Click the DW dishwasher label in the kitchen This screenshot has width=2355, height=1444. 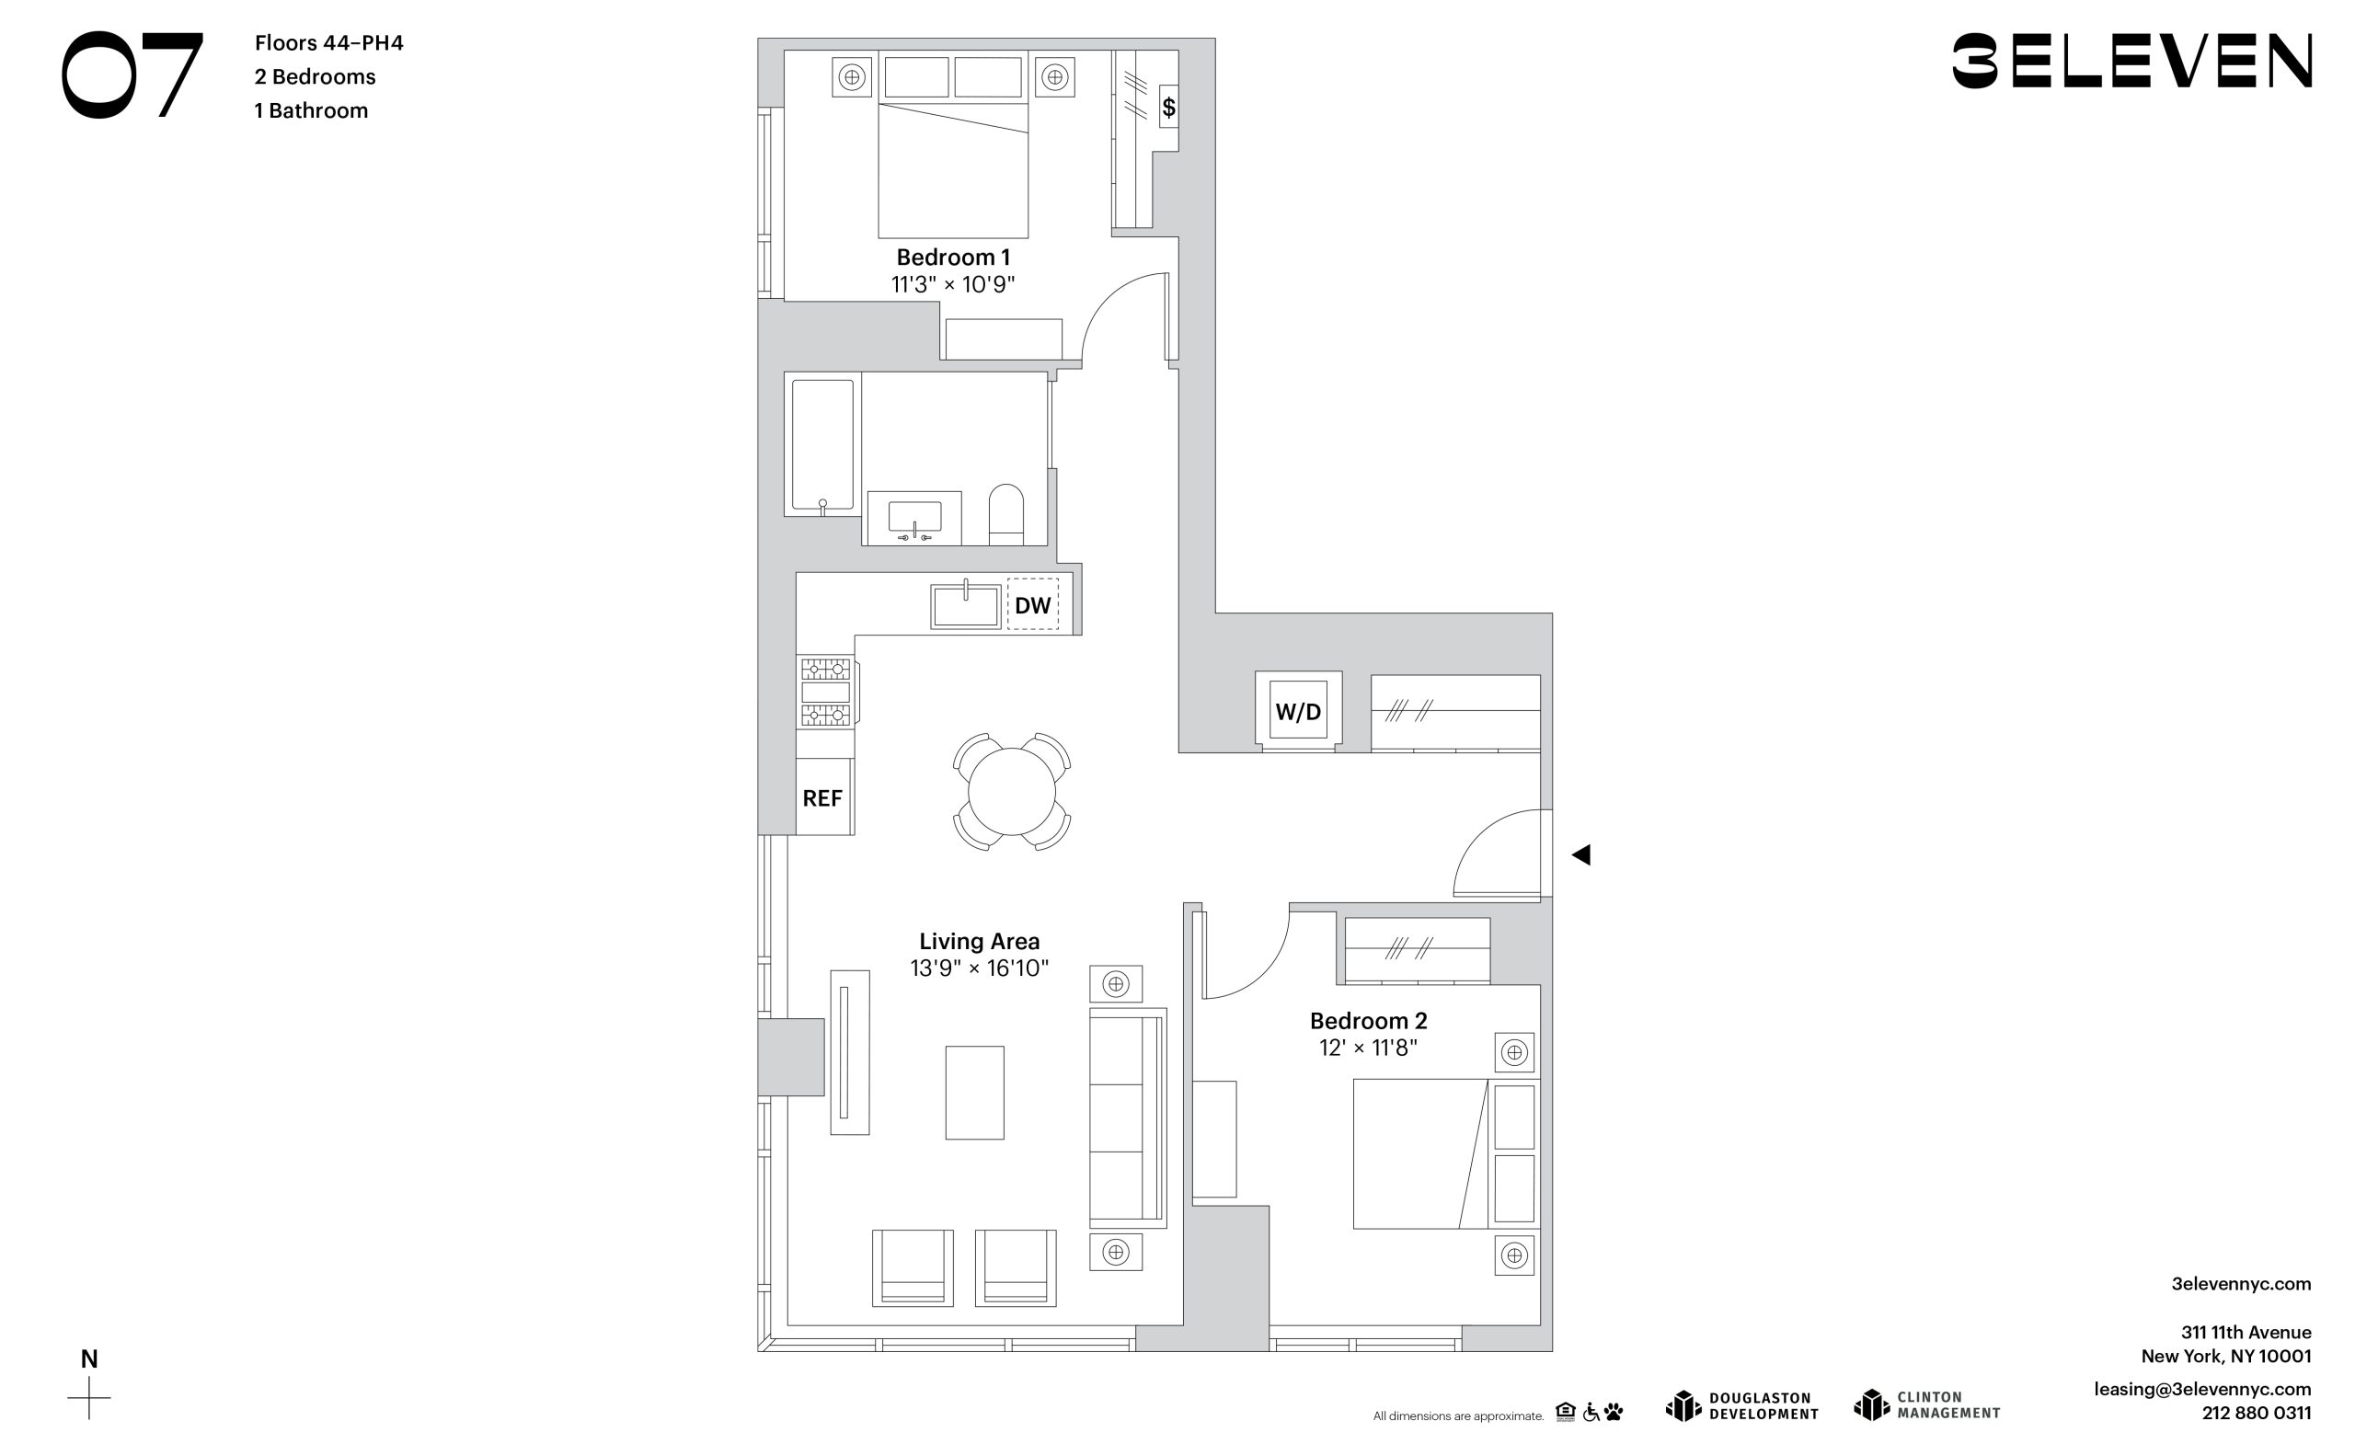click(1032, 605)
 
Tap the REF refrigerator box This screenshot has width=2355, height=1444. click(824, 798)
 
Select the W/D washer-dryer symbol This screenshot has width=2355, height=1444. click(1298, 711)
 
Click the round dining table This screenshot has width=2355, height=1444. click(1011, 791)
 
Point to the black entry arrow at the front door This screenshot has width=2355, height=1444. click(1581, 855)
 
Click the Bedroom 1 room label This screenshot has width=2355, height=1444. click(953, 258)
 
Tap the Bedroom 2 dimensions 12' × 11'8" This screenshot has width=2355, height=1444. click(1368, 1048)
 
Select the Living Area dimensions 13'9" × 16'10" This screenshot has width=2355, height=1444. click(979, 968)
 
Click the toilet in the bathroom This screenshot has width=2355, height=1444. click(1005, 515)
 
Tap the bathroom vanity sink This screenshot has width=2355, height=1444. click(914, 517)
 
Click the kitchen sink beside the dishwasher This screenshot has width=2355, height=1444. click(965, 605)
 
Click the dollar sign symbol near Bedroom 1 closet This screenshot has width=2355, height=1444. click(1168, 107)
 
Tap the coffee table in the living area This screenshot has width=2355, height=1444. click(975, 1093)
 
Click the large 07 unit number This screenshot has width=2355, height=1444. click(132, 74)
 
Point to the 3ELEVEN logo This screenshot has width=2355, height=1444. click(2131, 61)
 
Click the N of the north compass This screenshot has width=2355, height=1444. click(89, 1359)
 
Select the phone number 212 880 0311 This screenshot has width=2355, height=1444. click(2257, 1414)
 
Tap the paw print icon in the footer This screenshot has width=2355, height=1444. click(1614, 1412)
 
